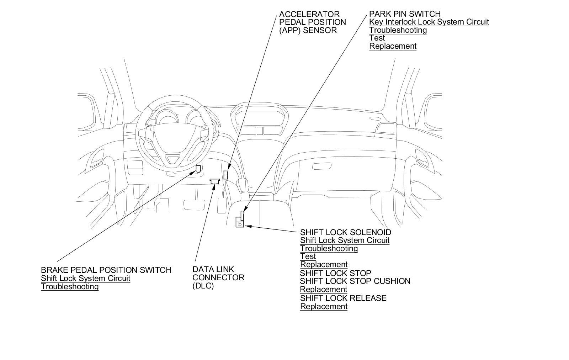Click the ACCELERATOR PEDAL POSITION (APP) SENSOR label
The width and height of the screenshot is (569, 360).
[x=312, y=22]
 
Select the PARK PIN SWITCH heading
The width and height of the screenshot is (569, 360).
[x=405, y=14]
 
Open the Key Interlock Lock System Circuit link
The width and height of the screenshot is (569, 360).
[x=429, y=22]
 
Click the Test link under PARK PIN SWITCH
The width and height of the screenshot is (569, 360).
[x=377, y=38]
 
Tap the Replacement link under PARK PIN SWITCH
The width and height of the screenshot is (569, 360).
[x=393, y=46]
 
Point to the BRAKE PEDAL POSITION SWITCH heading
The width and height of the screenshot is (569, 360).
[x=106, y=270]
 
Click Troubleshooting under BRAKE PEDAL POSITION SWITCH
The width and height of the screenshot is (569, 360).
[x=70, y=287]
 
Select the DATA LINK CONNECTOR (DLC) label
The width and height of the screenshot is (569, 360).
[x=218, y=277]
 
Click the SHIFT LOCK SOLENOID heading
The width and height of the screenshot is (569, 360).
[x=346, y=232]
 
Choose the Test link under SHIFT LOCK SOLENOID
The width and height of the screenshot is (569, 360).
[x=308, y=256]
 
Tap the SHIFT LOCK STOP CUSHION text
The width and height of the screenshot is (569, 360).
[x=355, y=281]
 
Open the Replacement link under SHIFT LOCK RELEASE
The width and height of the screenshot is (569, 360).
[x=324, y=307]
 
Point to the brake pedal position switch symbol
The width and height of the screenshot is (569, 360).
[x=198, y=169]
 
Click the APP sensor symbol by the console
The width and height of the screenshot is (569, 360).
[x=225, y=175]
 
